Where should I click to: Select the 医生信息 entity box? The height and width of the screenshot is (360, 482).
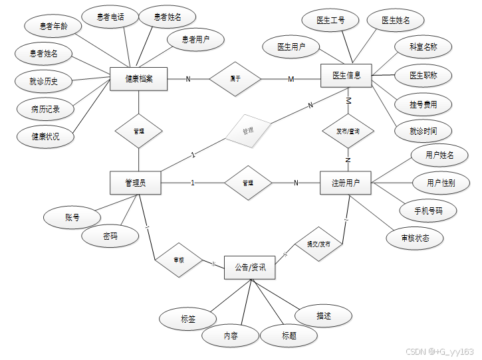click(x=346, y=75)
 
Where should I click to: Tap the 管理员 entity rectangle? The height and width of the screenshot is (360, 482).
click(x=135, y=183)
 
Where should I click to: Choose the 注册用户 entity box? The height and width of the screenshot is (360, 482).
click(x=346, y=183)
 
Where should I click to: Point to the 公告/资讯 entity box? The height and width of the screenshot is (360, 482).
click(x=249, y=268)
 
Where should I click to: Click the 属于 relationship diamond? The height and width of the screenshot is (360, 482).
click(x=235, y=78)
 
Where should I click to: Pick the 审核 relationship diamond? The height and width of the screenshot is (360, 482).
click(x=178, y=260)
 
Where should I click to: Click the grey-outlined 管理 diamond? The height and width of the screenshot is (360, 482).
click(x=248, y=131)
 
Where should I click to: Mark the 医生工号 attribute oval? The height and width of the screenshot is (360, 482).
click(x=330, y=21)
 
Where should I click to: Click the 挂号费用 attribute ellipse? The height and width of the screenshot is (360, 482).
click(x=423, y=104)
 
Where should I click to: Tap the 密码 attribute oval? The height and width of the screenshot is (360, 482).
click(x=110, y=236)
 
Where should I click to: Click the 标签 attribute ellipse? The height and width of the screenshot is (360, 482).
click(x=187, y=319)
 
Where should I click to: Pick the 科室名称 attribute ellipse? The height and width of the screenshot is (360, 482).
click(x=423, y=47)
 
